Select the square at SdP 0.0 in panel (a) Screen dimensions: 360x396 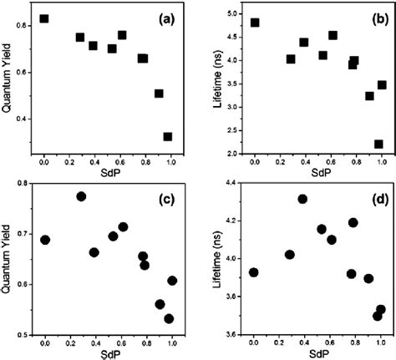pyautogui.click(x=44, y=18)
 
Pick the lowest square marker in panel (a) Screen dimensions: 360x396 pyautogui.click(x=168, y=136)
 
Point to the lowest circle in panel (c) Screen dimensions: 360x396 pyautogui.click(x=169, y=318)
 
